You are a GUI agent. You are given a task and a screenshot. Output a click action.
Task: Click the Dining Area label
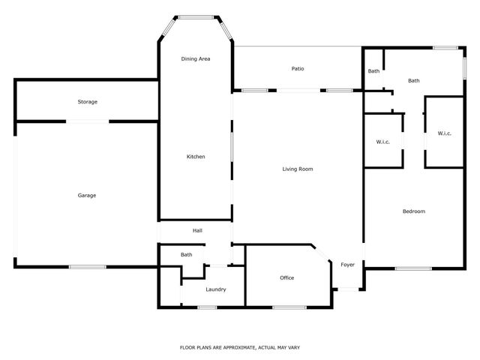click(196, 58)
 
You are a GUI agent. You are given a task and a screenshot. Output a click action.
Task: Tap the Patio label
click(298, 69)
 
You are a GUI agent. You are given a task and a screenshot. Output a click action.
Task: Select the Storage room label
click(88, 102)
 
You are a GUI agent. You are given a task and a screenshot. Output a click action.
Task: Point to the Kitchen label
click(196, 157)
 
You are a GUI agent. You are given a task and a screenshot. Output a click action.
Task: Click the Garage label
click(87, 196)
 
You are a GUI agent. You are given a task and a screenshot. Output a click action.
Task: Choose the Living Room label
click(297, 169)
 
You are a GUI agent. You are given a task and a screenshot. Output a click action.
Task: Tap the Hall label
click(197, 231)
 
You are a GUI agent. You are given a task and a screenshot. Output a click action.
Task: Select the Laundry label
click(215, 289)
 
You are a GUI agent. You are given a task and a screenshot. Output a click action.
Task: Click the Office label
click(286, 278)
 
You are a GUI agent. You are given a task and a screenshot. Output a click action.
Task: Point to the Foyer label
click(347, 265)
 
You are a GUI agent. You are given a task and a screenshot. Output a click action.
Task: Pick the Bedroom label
click(414, 211)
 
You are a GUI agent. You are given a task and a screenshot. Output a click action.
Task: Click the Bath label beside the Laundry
click(186, 255)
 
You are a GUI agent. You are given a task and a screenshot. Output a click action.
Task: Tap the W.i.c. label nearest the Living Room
click(382, 142)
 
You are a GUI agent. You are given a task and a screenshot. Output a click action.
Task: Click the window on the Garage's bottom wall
click(87, 267)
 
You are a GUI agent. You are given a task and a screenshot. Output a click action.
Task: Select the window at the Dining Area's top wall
click(196, 16)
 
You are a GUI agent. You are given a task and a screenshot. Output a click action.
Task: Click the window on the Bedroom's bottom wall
click(413, 268)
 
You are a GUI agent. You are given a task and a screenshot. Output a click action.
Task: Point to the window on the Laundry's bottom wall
click(207, 307)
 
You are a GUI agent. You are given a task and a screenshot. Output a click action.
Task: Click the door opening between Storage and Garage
click(88, 121)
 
